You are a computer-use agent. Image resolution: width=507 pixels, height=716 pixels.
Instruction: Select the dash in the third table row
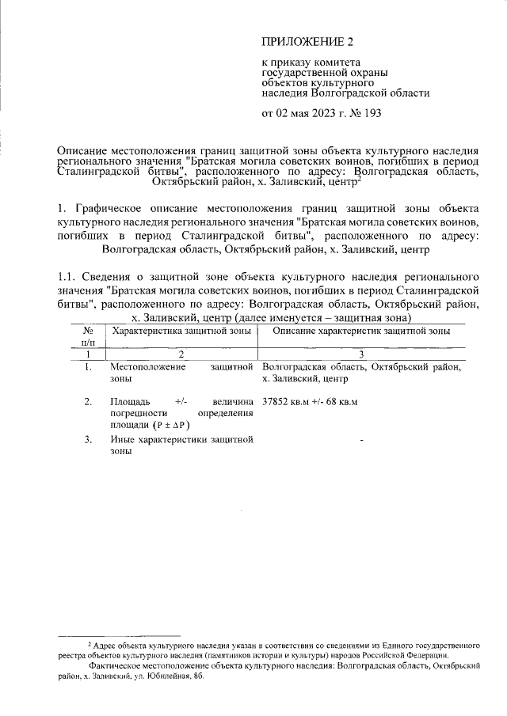pos(361,439)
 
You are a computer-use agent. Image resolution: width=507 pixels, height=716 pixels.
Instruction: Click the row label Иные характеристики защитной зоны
pos(181,445)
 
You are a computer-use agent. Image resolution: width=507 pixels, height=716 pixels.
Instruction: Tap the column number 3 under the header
pos(360,354)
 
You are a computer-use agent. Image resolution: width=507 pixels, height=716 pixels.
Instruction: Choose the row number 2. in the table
pos(88,402)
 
